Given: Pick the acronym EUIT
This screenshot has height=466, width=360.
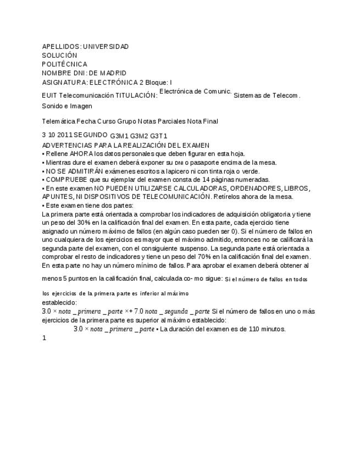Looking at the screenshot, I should point(49,96).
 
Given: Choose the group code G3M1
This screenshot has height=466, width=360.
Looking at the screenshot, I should point(119,136).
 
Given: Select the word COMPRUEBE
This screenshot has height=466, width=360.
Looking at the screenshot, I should point(69,180).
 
